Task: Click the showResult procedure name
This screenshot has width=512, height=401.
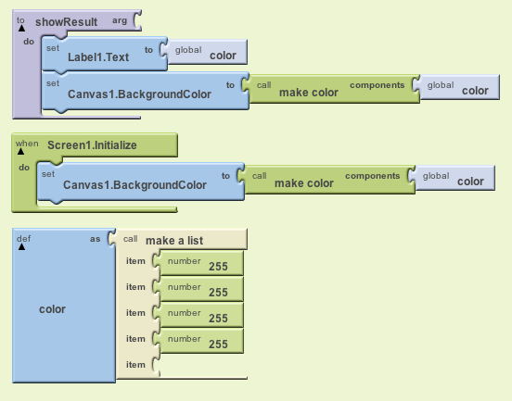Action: click(x=66, y=22)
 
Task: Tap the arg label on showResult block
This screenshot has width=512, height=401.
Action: click(x=120, y=21)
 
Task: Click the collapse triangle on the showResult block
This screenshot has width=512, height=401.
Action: click(x=21, y=29)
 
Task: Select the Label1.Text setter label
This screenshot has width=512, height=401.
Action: click(x=98, y=57)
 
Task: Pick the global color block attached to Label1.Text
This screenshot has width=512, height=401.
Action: click(x=207, y=52)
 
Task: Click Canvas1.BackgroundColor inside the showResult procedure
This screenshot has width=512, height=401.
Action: click(x=139, y=94)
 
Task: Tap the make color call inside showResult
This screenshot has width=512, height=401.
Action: click(x=309, y=93)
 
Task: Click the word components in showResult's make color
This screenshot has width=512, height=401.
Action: click(x=378, y=85)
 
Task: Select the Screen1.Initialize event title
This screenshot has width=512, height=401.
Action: click(x=92, y=145)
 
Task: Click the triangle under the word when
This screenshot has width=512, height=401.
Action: click(x=21, y=151)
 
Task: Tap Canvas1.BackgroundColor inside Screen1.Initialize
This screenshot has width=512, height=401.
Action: click(x=134, y=185)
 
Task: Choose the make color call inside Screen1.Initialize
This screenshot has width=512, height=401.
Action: click(x=304, y=183)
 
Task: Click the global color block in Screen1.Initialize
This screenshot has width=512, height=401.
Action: click(x=455, y=178)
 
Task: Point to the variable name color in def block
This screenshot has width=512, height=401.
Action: click(x=52, y=309)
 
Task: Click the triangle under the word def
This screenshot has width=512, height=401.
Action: click(x=21, y=246)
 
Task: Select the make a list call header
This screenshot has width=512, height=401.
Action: click(x=174, y=241)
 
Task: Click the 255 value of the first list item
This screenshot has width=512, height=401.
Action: click(x=218, y=267)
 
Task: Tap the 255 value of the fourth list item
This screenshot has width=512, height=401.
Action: click(x=218, y=345)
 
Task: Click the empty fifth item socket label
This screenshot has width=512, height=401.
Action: click(x=135, y=365)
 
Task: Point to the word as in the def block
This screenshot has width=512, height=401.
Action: click(x=95, y=239)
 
